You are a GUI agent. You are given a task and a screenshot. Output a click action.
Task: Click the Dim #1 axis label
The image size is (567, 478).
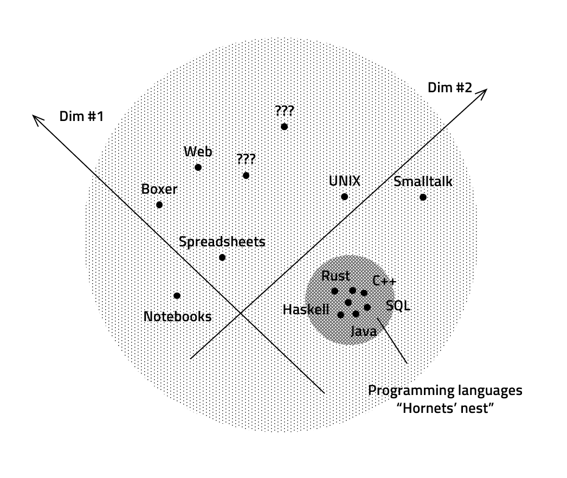[81, 116]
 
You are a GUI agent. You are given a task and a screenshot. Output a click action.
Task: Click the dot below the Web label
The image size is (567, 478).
[198, 167]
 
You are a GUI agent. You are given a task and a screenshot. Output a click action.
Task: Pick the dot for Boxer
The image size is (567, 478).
[159, 205]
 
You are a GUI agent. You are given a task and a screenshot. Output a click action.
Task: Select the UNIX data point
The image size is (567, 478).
[344, 196]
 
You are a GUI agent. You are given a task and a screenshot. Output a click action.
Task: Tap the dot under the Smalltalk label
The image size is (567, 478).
[423, 197]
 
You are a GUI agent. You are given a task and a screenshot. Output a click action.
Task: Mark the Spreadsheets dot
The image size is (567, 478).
[222, 257]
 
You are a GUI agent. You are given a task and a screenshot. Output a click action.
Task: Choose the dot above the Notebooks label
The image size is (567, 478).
[177, 296]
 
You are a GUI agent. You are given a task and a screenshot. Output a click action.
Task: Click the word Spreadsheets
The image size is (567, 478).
[222, 241]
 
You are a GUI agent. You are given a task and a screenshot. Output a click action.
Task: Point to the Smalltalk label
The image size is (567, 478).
[423, 181]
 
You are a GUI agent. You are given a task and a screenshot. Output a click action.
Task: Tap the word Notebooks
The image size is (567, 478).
[177, 316]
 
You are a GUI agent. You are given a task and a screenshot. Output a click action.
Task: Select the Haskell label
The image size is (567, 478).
[306, 309]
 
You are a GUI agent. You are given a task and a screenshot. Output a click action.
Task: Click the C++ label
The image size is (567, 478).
[384, 281]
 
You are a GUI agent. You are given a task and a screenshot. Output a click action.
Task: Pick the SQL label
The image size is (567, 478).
[398, 305]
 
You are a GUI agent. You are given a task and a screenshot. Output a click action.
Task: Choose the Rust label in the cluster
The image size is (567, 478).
[335, 276]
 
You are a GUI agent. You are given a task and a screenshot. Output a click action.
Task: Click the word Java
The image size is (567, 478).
[363, 331]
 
